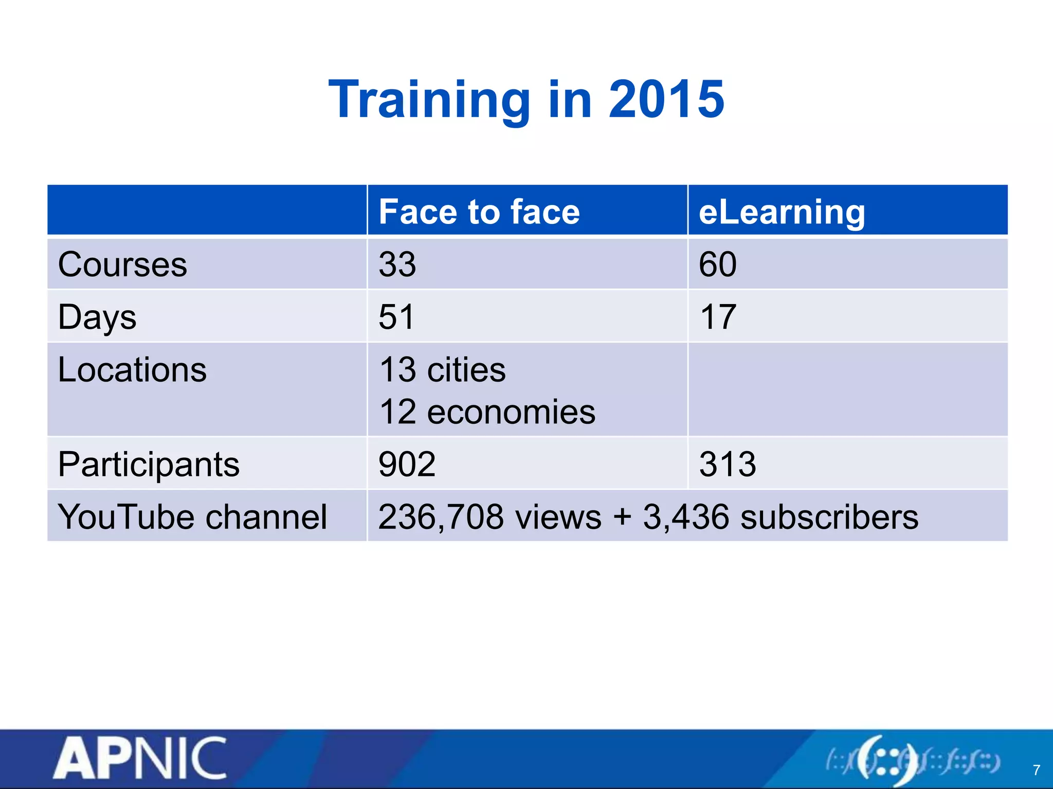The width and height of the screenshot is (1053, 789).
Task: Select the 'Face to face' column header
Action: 479,212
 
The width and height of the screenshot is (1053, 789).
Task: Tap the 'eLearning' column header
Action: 782,212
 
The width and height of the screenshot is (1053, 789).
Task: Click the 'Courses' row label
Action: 122,265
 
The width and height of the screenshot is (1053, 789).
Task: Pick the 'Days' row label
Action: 97,317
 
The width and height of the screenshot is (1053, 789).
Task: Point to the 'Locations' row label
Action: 132,370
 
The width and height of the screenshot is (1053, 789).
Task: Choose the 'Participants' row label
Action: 149,464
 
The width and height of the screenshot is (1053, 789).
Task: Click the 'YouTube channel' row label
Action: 192,517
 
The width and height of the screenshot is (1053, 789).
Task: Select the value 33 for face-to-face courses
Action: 397,265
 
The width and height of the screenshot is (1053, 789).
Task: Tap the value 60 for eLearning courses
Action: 718,265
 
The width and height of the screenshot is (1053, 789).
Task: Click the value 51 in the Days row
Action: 396,317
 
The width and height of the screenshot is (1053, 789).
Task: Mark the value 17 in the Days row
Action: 718,317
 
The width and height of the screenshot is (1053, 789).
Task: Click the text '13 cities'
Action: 442,370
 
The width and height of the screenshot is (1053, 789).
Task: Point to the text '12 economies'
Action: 487,412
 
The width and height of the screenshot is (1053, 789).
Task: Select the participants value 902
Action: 407,464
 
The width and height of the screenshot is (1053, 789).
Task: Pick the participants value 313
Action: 728,464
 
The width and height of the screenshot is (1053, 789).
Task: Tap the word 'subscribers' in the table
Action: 829,517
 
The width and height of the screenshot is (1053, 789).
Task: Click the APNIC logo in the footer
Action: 140,759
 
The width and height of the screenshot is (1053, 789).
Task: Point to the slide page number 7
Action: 1036,770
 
